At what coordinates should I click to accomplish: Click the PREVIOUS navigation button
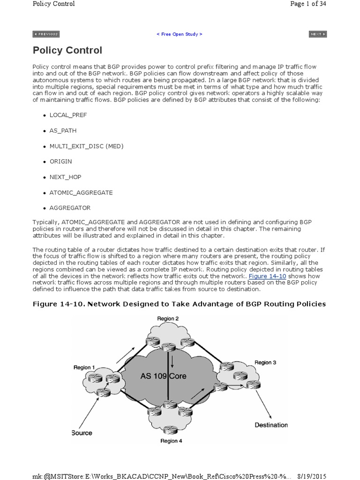click(46, 34)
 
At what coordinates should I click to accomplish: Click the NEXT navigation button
click(317, 34)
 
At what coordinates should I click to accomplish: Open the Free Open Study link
click(180, 34)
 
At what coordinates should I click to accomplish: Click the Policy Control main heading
click(67, 50)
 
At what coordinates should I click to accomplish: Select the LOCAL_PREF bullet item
click(68, 115)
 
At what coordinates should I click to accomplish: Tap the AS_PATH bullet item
click(63, 130)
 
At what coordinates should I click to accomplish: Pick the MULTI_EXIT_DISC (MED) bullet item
click(86, 146)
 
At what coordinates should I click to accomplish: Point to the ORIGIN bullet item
click(60, 161)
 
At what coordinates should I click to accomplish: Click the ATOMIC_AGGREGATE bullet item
click(81, 192)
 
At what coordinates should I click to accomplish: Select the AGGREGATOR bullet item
click(70, 208)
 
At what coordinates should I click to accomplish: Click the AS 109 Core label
click(163, 376)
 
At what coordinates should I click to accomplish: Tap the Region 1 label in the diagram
click(84, 367)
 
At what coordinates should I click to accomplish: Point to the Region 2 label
click(167, 319)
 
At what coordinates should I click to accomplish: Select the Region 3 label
click(265, 362)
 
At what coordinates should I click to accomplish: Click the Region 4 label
click(172, 441)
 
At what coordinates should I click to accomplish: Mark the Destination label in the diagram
click(271, 425)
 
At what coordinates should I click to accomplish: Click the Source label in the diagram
click(82, 433)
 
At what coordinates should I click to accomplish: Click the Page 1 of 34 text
click(308, 4)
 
